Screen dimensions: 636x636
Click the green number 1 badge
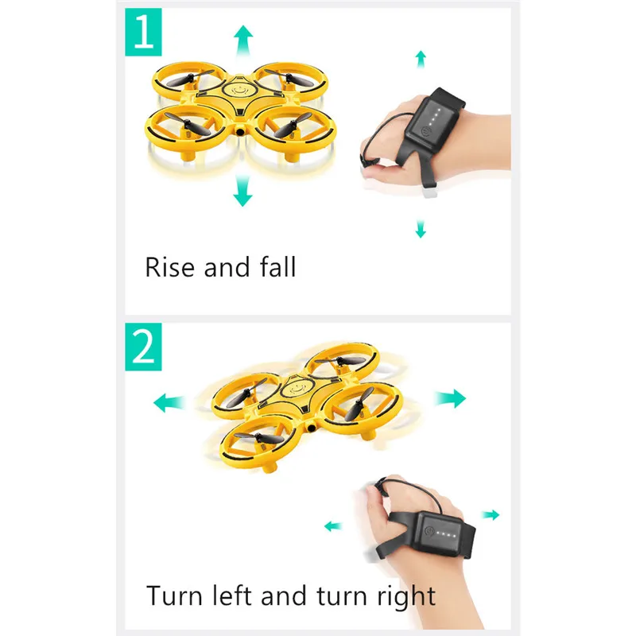click(x=143, y=32)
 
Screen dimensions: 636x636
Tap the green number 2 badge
click(x=143, y=347)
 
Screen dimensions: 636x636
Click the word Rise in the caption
click(x=169, y=267)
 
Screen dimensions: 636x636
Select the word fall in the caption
click(x=277, y=266)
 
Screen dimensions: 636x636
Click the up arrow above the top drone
click(x=243, y=41)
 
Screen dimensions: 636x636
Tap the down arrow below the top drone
click(x=242, y=191)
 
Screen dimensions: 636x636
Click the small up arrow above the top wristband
click(x=421, y=59)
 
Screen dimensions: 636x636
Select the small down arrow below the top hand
click(x=421, y=229)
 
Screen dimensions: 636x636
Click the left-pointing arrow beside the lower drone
click(x=169, y=403)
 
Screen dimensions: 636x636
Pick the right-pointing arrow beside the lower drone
click(x=450, y=398)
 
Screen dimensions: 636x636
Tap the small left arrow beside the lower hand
click(x=333, y=526)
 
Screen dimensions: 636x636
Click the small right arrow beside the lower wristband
click(x=491, y=514)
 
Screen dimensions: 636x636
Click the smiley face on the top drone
click(x=238, y=90)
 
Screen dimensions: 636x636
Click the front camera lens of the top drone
click(x=241, y=131)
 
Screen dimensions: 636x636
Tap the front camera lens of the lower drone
click(x=312, y=427)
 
